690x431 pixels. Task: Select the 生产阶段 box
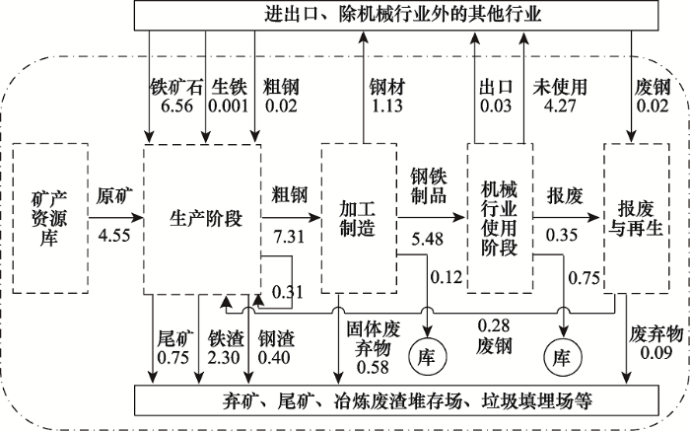point(202,218)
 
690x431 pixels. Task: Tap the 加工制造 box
point(357,218)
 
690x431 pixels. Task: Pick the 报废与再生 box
point(640,218)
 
